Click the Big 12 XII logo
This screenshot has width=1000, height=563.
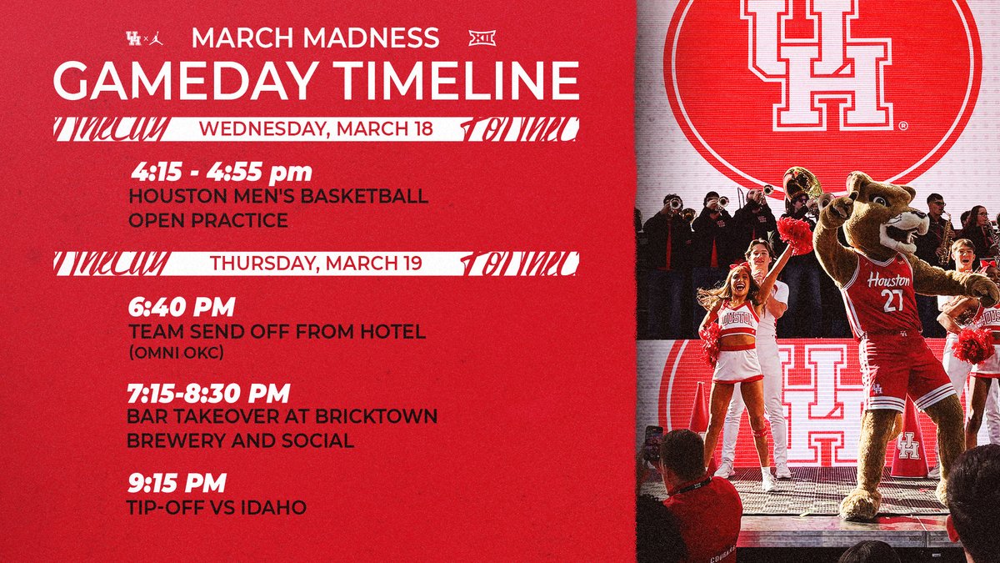click(482, 38)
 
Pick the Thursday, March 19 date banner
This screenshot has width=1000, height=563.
click(316, 264)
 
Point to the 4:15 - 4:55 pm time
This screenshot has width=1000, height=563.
click(222, 173)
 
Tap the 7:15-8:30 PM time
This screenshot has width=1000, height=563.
click(208, 392)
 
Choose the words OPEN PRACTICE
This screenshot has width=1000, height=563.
click(207, 220)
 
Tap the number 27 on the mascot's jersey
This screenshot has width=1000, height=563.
click(892, 300)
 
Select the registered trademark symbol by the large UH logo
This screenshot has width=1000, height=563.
click(902, 127)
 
